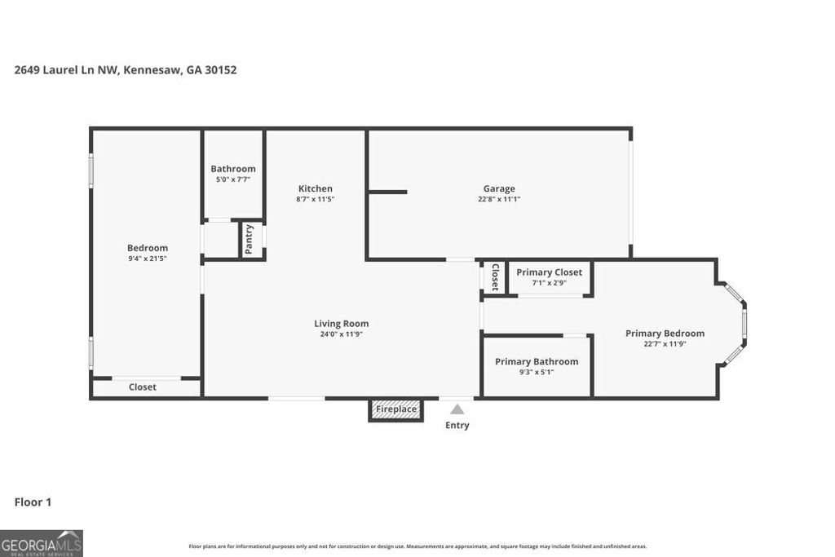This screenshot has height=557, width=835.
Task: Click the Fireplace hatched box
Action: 396,409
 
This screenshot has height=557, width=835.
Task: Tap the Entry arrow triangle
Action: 457,409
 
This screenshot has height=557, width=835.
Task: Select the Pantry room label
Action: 250,239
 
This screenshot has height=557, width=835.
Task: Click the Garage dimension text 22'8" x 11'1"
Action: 499,199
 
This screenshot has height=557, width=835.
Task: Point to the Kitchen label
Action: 315,188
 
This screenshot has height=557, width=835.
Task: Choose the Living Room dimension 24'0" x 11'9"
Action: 341,334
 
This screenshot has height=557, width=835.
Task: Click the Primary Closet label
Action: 549,272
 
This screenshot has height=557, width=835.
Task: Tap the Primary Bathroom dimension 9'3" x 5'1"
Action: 536,372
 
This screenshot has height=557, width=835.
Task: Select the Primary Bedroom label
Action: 665,333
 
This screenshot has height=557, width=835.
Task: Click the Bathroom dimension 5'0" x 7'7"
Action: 233,179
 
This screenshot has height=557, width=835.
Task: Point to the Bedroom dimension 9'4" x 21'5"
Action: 148,259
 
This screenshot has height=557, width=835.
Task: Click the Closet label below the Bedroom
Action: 143,387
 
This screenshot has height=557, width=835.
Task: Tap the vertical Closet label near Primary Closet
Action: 494,277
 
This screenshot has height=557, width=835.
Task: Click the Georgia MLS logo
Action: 42,543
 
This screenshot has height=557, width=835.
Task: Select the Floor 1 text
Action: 33,502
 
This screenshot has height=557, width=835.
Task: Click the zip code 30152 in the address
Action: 221,70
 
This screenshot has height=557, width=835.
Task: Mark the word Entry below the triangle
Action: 457,425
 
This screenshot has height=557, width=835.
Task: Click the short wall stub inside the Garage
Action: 387,192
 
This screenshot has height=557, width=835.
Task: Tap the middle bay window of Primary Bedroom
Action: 744,324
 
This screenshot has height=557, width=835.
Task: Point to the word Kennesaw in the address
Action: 152,70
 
